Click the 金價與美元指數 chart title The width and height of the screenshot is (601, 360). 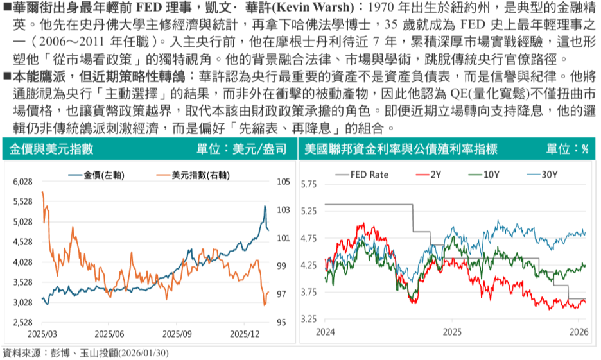click(52, 149)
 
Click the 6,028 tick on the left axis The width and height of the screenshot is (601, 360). click(22, 182)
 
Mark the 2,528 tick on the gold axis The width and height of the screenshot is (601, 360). click(22, 322)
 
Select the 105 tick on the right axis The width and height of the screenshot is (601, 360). click(283, 182)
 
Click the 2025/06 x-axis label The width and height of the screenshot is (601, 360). click(109, 334)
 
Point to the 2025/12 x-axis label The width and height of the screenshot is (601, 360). click(243, 334)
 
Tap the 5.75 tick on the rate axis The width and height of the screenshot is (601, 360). click(309, 185)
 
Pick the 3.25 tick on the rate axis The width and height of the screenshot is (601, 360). click(309, 319)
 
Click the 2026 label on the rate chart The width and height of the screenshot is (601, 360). click(579, 332)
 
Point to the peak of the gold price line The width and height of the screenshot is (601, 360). click(265, 206)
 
